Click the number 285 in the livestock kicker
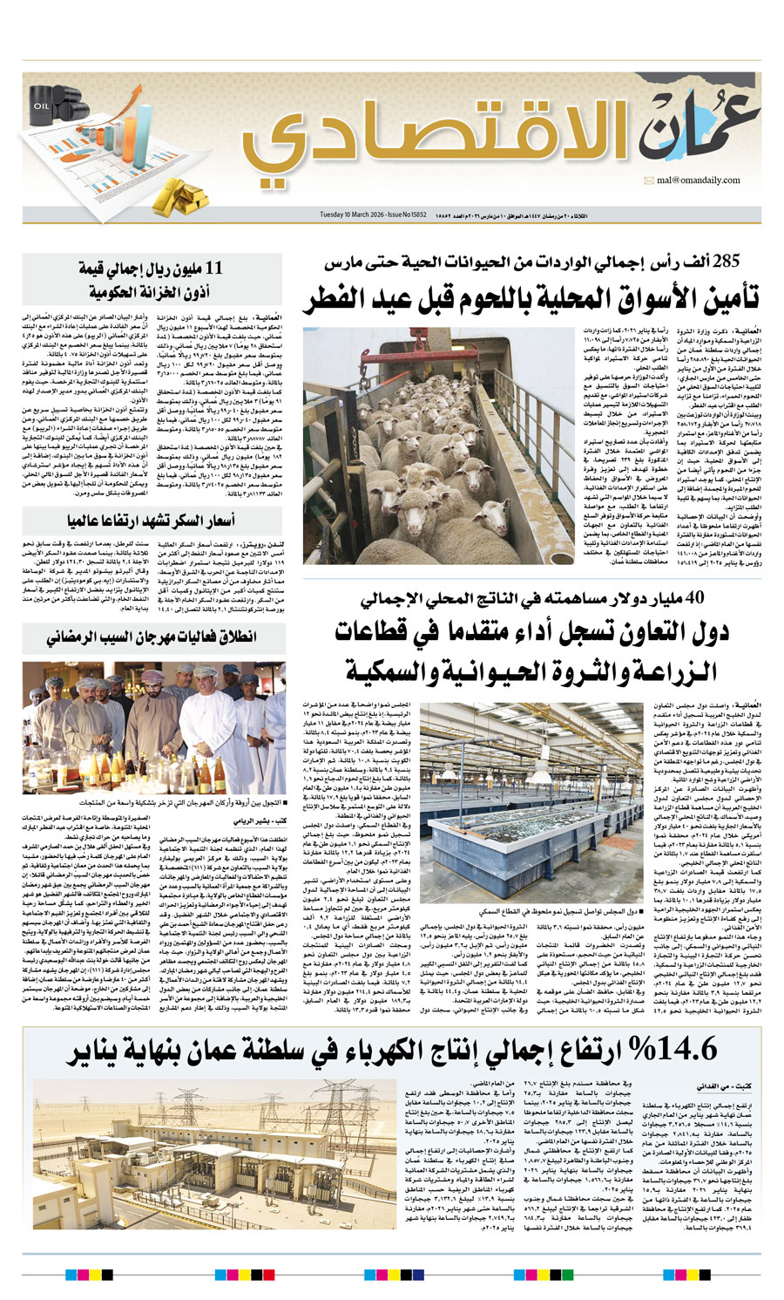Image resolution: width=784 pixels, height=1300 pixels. click(727, 262)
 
